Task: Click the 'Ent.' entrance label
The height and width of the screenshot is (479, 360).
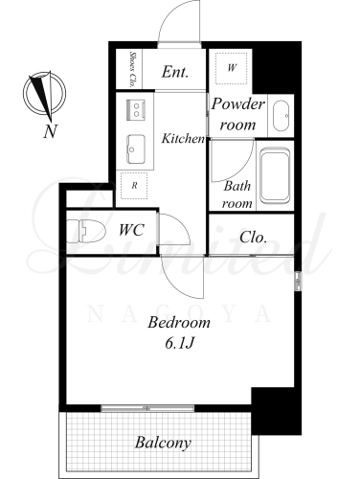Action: point(174,72)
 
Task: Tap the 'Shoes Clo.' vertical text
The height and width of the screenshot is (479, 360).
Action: point(132,69)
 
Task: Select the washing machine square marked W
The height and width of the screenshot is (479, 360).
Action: point(232,68)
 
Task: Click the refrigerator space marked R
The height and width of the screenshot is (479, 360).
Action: point(134,186)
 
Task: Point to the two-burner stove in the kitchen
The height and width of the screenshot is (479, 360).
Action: point(136,110)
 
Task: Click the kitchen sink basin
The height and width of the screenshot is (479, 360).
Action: point(136,149)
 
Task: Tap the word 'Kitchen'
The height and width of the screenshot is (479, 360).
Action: point(183,138)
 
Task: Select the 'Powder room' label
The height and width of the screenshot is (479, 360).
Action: point(238,114)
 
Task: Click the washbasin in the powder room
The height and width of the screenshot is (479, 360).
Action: point(281,116)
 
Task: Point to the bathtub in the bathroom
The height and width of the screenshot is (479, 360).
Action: point(275,175)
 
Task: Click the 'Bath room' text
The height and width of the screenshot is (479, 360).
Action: point(237,194)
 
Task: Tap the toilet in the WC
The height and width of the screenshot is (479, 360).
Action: point(86,231)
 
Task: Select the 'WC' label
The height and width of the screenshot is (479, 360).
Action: point(131,230)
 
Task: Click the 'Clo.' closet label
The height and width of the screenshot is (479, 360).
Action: point(253,238)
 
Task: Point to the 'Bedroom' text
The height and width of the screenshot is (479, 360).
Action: point(179,322)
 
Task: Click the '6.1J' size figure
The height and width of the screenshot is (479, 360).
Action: point(179,343)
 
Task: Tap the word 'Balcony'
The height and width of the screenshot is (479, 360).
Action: point(163,443)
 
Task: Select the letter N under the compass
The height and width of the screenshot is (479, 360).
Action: point(50,131)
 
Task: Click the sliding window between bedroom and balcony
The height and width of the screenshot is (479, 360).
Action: point(147,408)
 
